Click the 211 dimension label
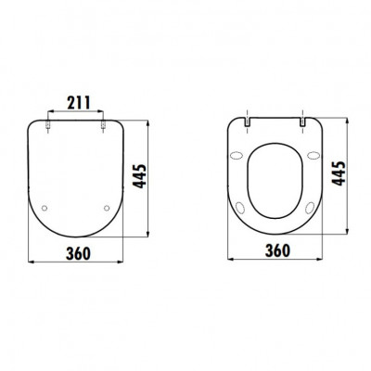coord(79,103)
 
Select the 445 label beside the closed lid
coord(139,176)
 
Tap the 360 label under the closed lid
coord(78,253)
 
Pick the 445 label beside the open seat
coord(339,173)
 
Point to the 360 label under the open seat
coord(277,250)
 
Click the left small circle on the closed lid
coord(45,208)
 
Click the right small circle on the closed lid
coord(107,208)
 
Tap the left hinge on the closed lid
coord(48,124)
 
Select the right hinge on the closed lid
coord(103,124)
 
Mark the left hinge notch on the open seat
coord(247,122)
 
